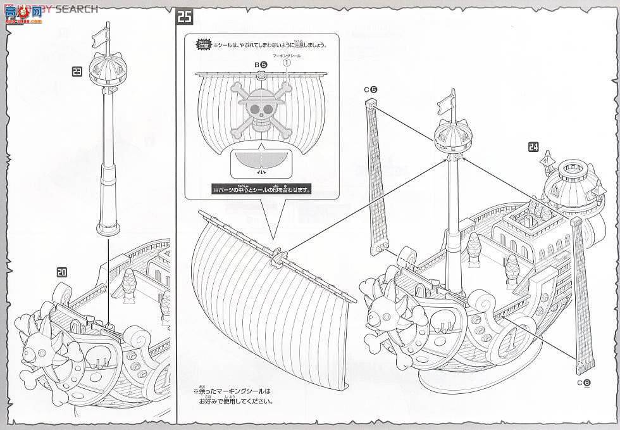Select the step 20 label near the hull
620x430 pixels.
click(61, 272)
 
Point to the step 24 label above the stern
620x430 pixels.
click(533, 148)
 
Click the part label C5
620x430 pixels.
click(371, 90)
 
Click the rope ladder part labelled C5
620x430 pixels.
click(378, 177)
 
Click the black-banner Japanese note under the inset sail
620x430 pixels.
click(261, 189)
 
